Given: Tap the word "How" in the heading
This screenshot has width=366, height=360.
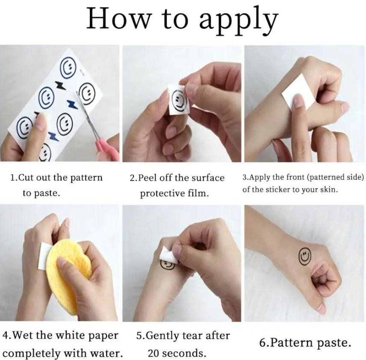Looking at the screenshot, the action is pos(118,18).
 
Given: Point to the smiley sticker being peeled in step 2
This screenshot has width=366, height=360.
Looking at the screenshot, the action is pos(179,100).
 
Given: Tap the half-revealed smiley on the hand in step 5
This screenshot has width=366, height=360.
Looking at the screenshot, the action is pos(167,265).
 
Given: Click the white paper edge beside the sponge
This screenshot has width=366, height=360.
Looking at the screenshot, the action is pos(44,256).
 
